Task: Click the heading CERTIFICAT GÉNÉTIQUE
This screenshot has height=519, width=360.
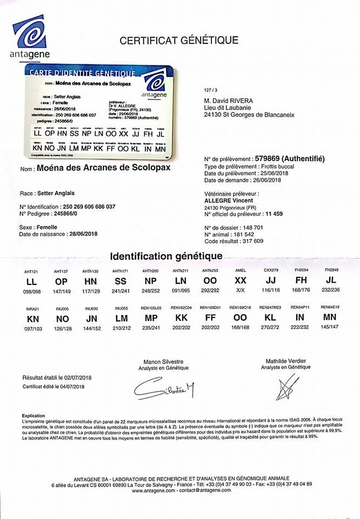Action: point(179,40)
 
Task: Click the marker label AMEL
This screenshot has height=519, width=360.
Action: point(240,270)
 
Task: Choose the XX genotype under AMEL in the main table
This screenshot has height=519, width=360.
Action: point(240,281)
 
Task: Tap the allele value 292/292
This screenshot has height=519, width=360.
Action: point(210,290)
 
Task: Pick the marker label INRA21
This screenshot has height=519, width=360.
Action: point(32,308)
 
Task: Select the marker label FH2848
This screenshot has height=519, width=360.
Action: point(331,270)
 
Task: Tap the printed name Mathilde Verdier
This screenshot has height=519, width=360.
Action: point(283,360)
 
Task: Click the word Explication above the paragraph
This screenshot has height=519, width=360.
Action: point(34,416)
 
